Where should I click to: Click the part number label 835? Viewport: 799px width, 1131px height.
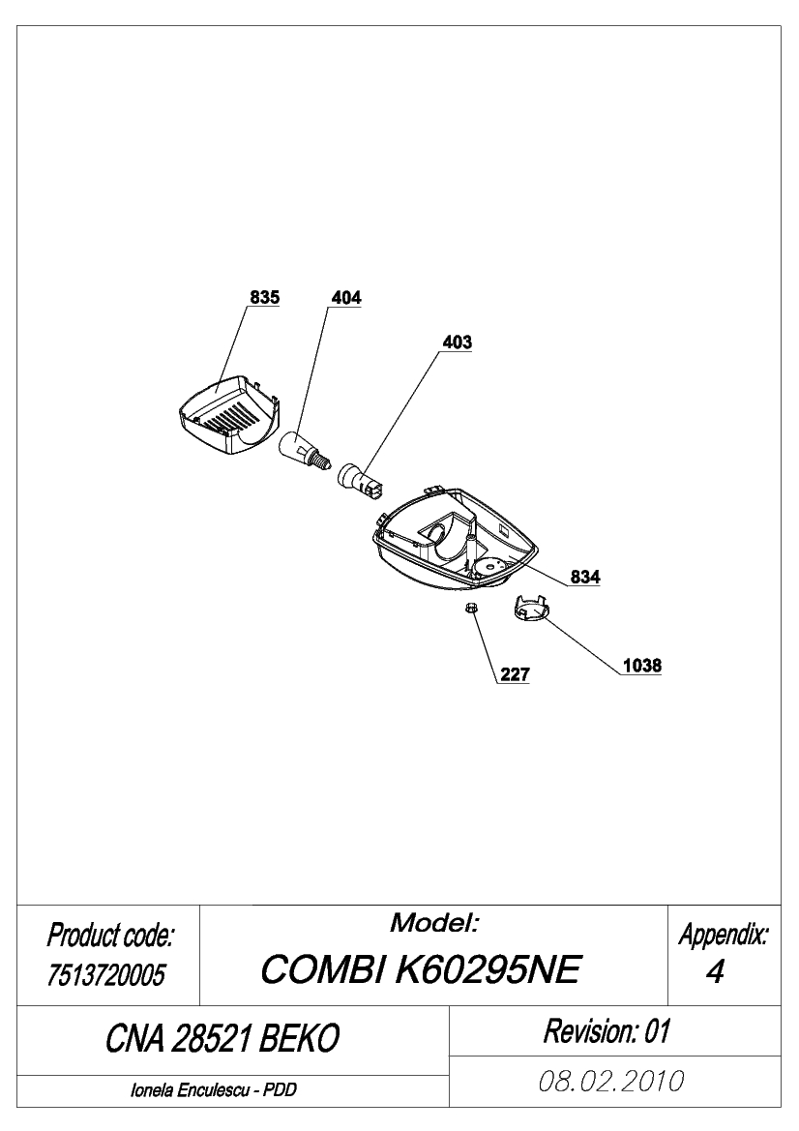[x=265, y=297]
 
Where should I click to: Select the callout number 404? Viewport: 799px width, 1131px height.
[x=346, y=298]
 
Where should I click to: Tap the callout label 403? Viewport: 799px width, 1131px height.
[x=457, y=342]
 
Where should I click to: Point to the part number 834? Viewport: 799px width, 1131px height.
[x=585, y=577]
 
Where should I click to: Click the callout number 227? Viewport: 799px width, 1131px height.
[x=515, y=674]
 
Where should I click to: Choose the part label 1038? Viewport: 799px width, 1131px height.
[x=641, y=666]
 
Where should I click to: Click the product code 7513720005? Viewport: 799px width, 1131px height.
[x=105, y=975]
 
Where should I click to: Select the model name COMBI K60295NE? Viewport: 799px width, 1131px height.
[x=421, y=969]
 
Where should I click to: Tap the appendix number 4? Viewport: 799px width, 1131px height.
[x=715, y=972]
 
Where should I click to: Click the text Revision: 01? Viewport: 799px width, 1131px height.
[x=607, y=1030]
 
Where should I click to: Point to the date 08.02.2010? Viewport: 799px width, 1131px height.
[x=611, y=1082]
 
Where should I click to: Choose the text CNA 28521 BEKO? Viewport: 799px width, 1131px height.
[x=222, y=1039]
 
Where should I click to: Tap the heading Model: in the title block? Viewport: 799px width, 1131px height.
[x=434, y=923]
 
